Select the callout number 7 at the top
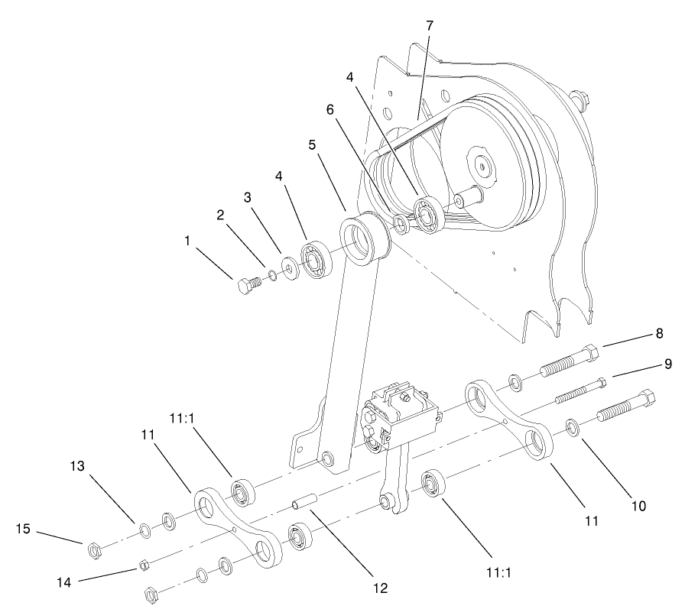point(429,25)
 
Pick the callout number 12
point(379,588)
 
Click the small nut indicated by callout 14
point(142,565)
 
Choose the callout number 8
point(658,333)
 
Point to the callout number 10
point(638,505)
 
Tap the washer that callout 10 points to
point(571,425)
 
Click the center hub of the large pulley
point(482,164)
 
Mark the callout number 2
point(219,215)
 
